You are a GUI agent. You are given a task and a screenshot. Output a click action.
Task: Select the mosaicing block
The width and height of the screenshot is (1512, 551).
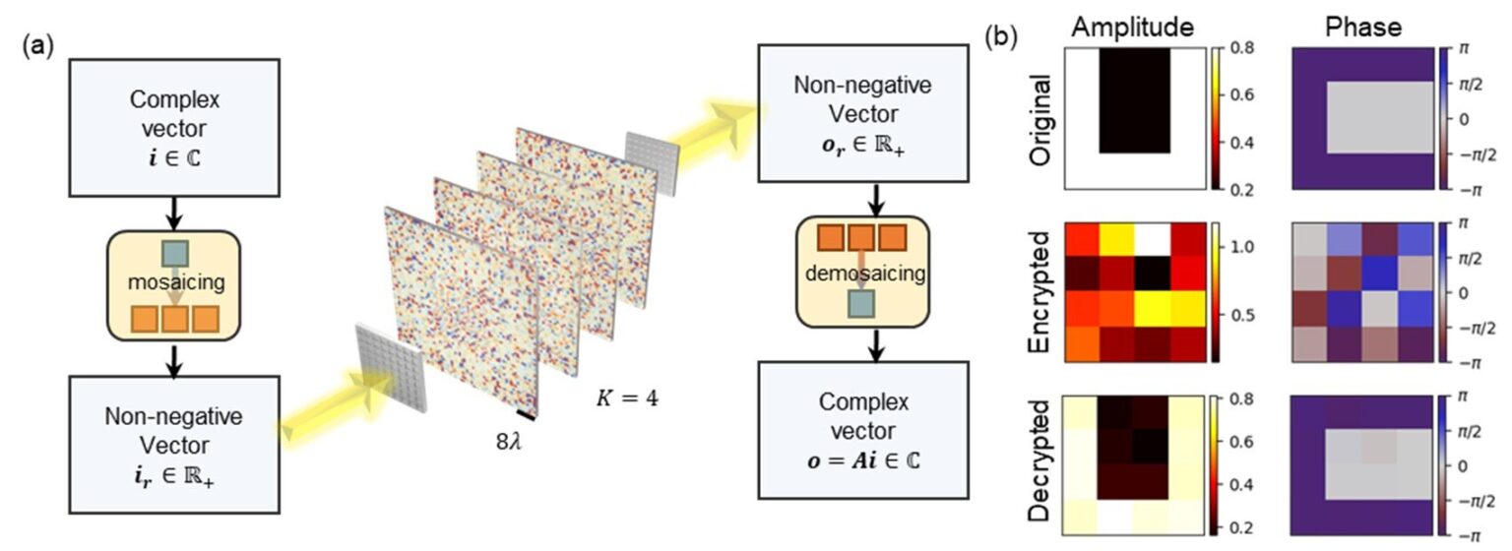tap(175, 283)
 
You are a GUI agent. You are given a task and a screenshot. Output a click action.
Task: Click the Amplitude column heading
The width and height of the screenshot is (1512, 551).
tap(1131, 30)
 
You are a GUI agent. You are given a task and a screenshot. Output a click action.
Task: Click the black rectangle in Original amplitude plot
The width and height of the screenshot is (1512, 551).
tap(1134, 98)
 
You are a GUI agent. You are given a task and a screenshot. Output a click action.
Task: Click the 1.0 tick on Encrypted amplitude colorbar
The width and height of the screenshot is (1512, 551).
tap(1234, 248)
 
